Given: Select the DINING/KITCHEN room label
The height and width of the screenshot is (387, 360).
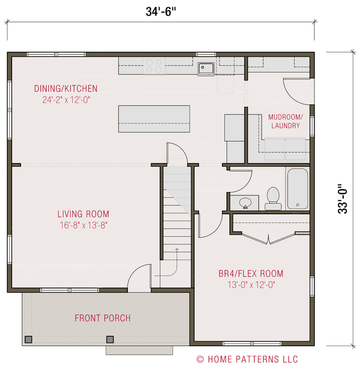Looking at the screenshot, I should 65,89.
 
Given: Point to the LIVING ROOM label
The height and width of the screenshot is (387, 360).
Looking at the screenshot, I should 83,214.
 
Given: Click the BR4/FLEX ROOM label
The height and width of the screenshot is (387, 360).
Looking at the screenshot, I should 251,274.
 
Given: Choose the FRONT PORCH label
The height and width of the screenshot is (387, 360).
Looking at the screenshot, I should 103,318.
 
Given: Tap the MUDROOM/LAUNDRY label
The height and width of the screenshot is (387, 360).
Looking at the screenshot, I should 286,121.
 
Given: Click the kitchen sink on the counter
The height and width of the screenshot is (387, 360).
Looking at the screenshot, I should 206,68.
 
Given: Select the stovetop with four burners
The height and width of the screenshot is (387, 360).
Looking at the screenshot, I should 154,65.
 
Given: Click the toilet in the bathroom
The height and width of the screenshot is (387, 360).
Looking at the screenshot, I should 273,198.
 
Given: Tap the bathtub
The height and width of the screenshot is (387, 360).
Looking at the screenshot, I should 297,188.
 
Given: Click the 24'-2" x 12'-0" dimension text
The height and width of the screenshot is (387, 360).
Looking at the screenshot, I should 65,100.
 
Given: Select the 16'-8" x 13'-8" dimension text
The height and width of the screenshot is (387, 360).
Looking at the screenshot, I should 83,225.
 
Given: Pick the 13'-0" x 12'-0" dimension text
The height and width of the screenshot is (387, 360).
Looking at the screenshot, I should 251,285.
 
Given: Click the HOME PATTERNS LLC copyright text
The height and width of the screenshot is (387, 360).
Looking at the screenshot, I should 247,359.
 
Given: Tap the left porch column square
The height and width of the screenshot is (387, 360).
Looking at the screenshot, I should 28,340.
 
